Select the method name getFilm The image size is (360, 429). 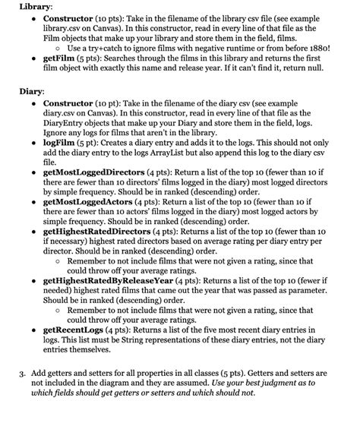(60, 57)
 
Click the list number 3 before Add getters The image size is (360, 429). (21, 374)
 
